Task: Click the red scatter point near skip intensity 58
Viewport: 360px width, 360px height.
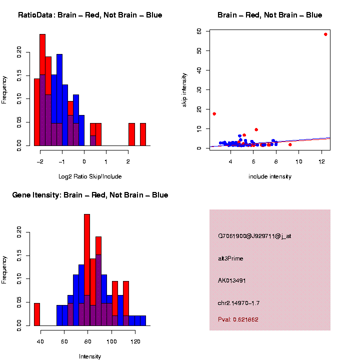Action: coord(325,34)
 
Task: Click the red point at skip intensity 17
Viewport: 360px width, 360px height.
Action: coord(214,113)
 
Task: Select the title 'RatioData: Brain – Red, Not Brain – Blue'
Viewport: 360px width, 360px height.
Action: coord(90,15)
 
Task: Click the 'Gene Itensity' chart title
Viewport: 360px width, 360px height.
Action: coord(90,195)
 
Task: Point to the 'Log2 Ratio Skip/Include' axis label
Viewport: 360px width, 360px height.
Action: coord(90,176)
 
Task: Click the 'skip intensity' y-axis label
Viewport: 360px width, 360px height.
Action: coord(184,89)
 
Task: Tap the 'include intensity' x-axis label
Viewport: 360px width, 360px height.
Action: coord(270,176)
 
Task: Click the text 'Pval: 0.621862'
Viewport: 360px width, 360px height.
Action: coord(238,319)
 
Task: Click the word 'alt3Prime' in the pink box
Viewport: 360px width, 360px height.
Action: coord(230,258)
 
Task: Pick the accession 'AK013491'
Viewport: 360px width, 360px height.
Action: coord(232,280)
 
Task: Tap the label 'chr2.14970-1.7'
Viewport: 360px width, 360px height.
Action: coord(238,303)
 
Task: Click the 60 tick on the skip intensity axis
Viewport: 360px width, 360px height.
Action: coord(199,31)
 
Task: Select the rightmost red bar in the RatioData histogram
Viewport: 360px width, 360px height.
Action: coord(142,134)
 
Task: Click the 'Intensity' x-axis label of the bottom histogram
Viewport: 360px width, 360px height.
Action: coord(90,356)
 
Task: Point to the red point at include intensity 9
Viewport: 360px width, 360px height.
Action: coord(290,144)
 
